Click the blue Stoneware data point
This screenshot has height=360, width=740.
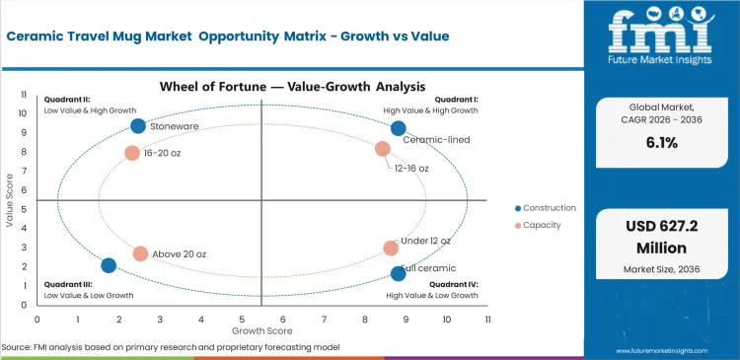tap(138, 126)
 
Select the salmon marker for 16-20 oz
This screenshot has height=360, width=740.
tap(132, 153)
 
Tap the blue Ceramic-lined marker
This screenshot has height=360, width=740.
tap(398, 128)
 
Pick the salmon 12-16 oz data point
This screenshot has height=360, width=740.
tap(383, 149)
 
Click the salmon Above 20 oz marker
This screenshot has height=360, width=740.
tap(140, 253)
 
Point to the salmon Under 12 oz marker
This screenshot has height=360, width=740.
tap(391, 249)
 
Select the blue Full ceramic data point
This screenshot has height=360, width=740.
tap(398, 273)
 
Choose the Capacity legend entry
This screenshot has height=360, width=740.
tap(543, 226)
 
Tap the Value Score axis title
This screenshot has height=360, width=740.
tap(10, 201)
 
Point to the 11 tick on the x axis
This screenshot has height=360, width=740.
tap(487, 320)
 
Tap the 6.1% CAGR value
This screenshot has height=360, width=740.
tap(660, 143)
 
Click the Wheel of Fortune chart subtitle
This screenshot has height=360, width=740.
tap(261, 86)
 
